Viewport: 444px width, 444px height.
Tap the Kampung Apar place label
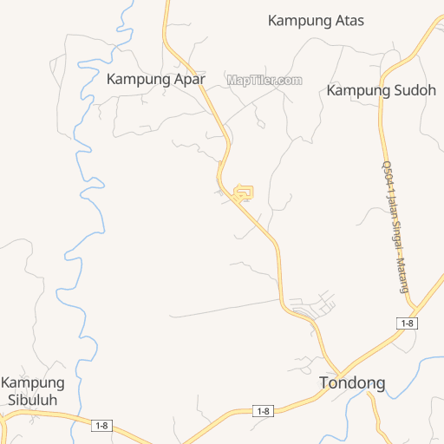[156, 78]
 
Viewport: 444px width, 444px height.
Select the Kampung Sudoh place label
[381, 90]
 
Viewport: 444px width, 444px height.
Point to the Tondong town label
[352, 382]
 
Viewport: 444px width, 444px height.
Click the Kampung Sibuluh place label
[33, 391]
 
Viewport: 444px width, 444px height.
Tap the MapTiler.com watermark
[264, 80]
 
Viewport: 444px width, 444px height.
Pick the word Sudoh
[412, 90]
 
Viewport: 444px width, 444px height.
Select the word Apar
[188, 78]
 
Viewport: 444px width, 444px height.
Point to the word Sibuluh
[33, 400]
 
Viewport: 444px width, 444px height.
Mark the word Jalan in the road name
[391, 205]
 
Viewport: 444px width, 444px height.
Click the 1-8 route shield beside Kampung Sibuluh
[102, 425]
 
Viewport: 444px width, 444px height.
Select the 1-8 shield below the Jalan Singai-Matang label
[407, 323]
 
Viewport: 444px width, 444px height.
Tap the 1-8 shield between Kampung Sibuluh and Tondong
[263, 410]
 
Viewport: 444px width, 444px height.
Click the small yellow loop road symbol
[245, 193]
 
